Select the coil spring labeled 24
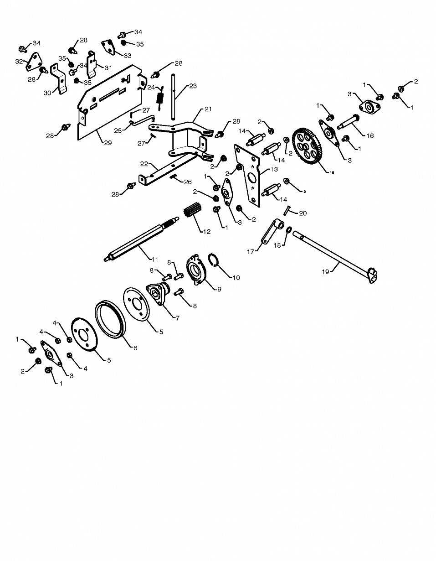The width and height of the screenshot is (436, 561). pyautogui.click(x=160, y=99)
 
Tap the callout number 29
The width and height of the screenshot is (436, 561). pyautogui.click(x=108, y=143)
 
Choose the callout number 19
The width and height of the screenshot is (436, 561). pyautogui.click(x=326, y=272)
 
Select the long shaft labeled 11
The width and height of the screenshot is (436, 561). pyautogui.click(x=141, y=239)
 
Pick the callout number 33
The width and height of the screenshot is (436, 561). pyautogui.click(x=128, y=56)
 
